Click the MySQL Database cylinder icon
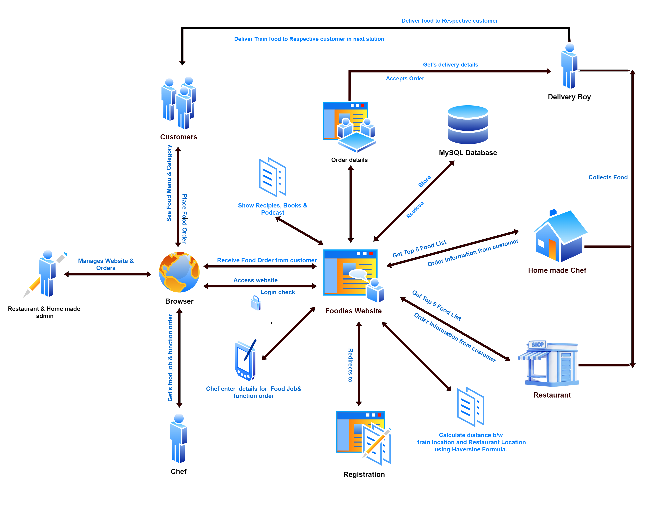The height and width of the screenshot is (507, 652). (468, 125)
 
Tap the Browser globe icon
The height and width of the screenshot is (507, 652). (179, 272)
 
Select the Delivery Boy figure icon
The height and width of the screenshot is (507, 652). (569, 66)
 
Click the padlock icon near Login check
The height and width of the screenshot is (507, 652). (256, 303)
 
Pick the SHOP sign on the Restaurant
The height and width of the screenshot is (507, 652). (537, 344)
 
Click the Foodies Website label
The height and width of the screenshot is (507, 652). (353, 311)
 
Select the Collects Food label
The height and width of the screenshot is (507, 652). (608, 177)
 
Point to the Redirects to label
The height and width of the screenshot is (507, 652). (350, 365)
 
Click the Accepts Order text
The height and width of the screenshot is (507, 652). (405, 78)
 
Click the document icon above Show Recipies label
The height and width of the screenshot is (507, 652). (272, 177)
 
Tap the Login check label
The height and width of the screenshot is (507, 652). (277, 292)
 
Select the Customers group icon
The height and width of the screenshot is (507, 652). (179, 103)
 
